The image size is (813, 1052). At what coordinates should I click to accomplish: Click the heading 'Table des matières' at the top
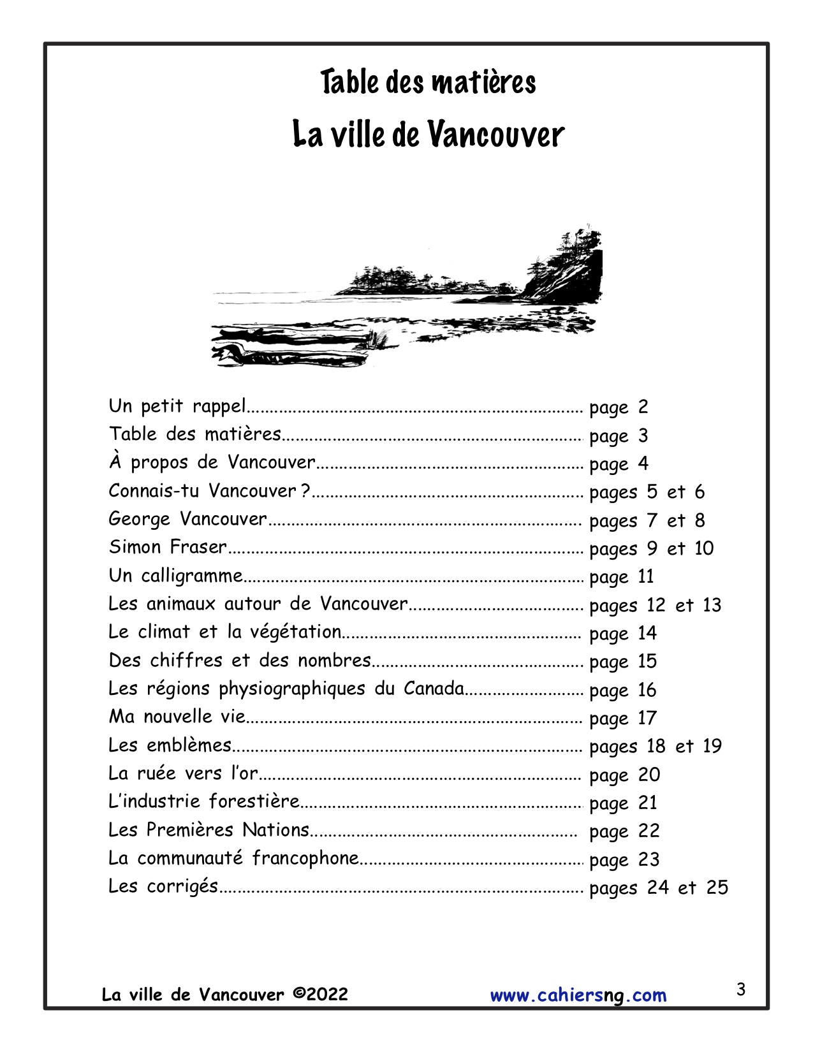pos(428,83)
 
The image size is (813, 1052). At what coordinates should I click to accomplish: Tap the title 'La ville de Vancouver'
pos(428,135)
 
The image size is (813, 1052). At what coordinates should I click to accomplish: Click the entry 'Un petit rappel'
pos(177,406)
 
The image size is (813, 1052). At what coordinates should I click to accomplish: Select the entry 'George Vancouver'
pos(187,519)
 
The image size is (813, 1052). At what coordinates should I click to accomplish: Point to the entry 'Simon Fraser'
pos(168,547)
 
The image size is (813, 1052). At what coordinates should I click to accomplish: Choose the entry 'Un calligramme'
pos(175,576)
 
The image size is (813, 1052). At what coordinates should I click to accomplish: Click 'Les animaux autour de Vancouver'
pos(258,603)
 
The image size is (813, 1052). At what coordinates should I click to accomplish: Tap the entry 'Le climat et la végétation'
pos(225,632)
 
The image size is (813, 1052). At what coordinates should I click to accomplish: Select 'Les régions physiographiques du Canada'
pos(286,689)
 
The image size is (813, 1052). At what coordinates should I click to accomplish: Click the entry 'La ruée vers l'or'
pos(183,773)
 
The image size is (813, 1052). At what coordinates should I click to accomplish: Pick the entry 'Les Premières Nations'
pos(209,829)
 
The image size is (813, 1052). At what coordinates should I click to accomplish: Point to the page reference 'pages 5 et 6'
pos(647,492)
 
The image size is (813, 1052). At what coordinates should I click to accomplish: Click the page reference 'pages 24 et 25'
pos(658,888)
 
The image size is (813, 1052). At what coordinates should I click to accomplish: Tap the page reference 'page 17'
pos(622,718)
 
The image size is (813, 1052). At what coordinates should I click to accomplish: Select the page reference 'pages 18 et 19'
pos(655,746)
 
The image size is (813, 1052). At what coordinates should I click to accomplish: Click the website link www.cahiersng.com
pos(578,995)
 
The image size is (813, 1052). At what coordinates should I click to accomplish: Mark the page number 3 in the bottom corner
pos(740,990)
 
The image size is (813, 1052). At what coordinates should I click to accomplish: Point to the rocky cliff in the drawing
pos(568,274)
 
